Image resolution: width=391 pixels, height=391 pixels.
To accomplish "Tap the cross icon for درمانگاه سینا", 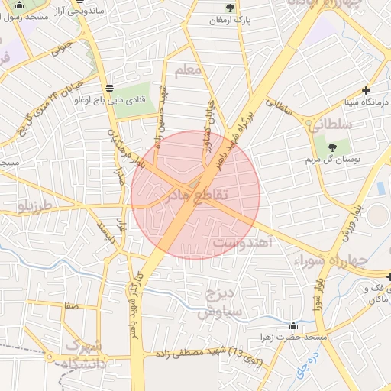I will coord(367,90).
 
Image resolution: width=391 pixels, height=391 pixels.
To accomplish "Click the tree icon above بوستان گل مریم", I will coord(332,147).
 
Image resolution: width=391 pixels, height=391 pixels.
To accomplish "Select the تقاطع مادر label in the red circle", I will coord(195,196).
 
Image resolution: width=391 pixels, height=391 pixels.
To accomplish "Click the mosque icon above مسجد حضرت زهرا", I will coord(294,326).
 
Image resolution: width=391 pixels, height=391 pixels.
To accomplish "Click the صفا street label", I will coord(72,305).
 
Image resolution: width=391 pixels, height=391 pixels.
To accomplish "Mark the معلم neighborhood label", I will coord(188,70).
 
